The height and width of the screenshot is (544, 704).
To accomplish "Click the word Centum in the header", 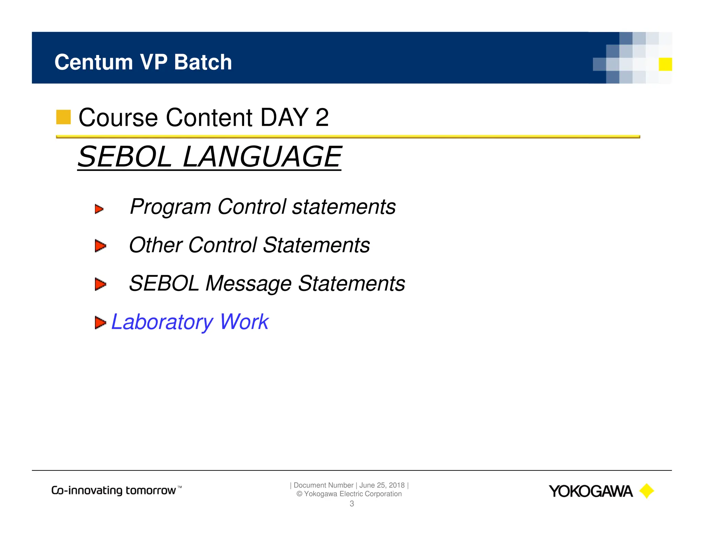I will coord(93,62).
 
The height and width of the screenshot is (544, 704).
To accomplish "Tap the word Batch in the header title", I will coord(203,62).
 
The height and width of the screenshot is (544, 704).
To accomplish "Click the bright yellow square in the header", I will coord(665,64).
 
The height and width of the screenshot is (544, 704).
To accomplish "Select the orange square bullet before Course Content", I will coord(63,117).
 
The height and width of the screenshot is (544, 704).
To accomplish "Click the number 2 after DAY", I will coord(322,118).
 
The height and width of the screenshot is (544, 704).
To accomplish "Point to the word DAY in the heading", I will coord(284,118).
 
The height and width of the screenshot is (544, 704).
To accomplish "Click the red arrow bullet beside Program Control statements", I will coord(99,209).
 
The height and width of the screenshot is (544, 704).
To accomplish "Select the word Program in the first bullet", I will coord(170,207).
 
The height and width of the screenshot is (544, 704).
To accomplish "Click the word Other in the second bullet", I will coord(155,245).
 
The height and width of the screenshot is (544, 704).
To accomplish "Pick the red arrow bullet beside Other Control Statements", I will coord(100,246).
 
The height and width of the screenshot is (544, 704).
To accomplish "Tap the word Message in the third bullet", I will coord(248,284).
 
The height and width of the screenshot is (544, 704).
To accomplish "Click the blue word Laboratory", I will coord(162,322).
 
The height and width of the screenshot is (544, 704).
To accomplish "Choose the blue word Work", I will coord(244,322).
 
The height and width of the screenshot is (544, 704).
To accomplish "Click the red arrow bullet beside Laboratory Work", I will coord(100,323).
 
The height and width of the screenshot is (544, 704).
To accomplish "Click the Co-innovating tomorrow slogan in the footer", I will coord(116,490).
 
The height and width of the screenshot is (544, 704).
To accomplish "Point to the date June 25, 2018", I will coord(382,485).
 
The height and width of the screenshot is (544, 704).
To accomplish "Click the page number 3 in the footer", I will coord(352,504).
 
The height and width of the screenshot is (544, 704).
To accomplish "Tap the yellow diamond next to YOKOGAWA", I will coord(647,491).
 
